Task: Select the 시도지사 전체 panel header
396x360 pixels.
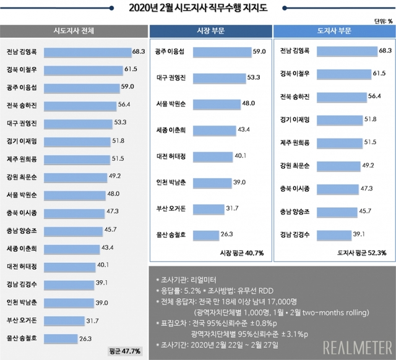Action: [74, 31]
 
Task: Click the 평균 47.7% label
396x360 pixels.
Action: [126, 351]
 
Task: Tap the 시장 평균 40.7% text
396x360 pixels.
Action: [242, 253]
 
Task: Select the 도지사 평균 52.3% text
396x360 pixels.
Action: [363, 253]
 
